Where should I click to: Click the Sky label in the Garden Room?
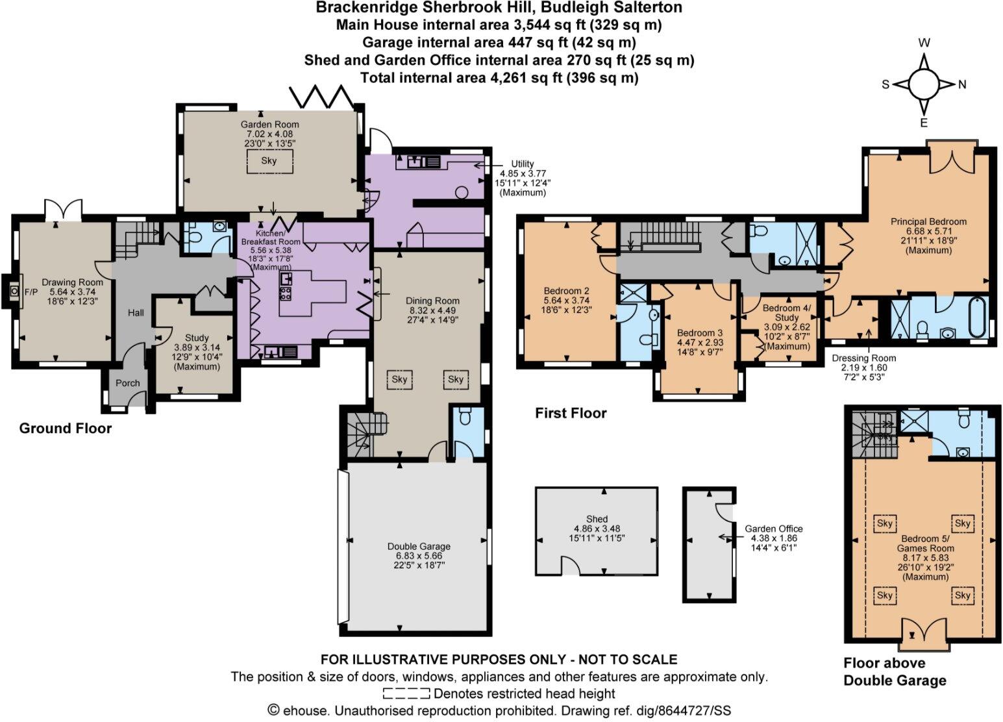click(x=269, y=160)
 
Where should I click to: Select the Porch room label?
click(x=128, y=383)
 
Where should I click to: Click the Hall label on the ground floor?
click(x=136, y=313)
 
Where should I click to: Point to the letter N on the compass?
click(x=962, y=84)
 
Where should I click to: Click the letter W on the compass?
click(x=924, y=44)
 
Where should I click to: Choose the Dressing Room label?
click(x=863, y=358)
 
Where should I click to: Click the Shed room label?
click(x=597, y=519)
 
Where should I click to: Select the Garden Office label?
click(x=773, y=529)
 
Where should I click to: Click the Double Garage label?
click(x=419, y=546)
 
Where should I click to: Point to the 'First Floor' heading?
click(x=571, y=413)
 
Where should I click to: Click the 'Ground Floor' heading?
click(x=66, y=429)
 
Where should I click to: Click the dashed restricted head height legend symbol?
click(x=406, y=693)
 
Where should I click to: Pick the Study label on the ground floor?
click(x=197, y=338)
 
